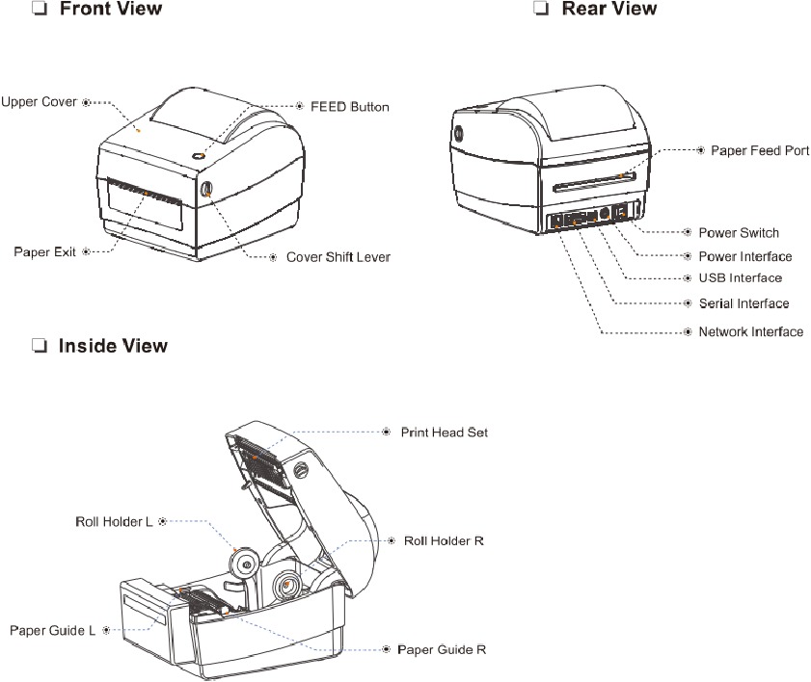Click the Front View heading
[x=111, y=10]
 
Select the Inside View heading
[x=113, y=346]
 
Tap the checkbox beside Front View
[x=40, y=10]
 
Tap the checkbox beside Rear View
[x=540, y=10]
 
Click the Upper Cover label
[x=39, y=101]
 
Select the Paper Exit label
[x=44, y=252]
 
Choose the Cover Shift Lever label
[x=338, y=258]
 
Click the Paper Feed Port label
[x=759, y=151]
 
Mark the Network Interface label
[x=750, y=332]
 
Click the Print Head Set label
[x=444, y=433]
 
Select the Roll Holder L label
[x=114, y=522]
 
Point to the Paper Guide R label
[x=442, y=650]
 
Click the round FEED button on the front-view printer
[x=198, y=155]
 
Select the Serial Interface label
[x=743, y=303]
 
